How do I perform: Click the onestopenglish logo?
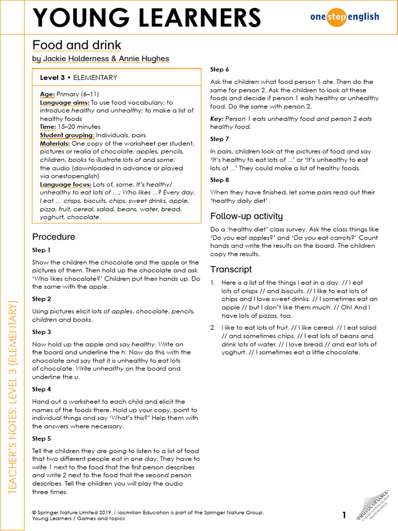pyautogui.click(x=345, y=17)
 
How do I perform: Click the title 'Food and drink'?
pyautogui.click(x=77, y=45)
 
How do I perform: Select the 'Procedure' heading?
pyautogui.click(x=53, y=236)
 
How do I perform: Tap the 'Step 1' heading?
pyautogui.click(x=41, y=250)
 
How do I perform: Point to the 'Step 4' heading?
pyautogui.click(x=41, y=389)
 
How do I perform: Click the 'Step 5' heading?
pyautogui.click(x=41, y=438)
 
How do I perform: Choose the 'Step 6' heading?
pyautogui.click(x=219, y=69)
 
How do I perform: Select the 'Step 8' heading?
pyautogui.click(x=219, y=180)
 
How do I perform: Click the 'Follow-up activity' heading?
pyautogui.click(x=246, y=216)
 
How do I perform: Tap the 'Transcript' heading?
pyautogui.click(x=231, y=269)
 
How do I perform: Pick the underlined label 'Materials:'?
pyautogui.click(x=55, y=143)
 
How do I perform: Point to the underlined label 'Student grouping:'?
pyautogui.click(x=67, y=135)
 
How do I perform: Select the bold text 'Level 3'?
pyautogui.click(x=52, y=77)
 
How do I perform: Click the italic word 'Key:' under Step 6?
pyautogui.click(x=217, y=119)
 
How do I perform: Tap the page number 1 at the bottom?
pyautogui.click(x=344, y=515)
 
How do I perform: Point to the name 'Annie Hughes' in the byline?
pyautogui.click(x=147, y=59)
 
